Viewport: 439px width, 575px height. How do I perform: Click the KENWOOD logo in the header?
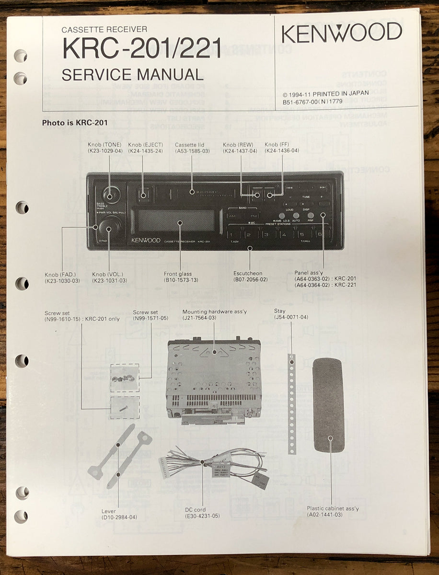(x=341, y=33)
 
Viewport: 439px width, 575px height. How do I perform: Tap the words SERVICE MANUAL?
(x=133, y=74)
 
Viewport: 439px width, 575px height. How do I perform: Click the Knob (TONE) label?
(x=104, y=144)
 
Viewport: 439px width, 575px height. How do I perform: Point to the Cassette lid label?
(x=192, y=144)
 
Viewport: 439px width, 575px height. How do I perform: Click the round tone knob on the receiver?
(x=109, y=195)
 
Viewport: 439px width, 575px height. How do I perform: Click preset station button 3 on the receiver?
(x=266, y=235)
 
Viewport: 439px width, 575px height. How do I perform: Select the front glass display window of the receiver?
(x=176, y=220)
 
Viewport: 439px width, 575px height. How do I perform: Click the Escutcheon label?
(x=248, y=274)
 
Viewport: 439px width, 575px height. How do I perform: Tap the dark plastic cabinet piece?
(x=328, y=405)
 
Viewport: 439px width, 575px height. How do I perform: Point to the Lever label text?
(x=108, y=511)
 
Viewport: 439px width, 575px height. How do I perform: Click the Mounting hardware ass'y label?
(x=214, y=311)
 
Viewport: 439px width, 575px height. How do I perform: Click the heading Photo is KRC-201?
(x=74, y=123)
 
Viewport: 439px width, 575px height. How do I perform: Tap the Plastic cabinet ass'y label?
(x=333, y=508)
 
